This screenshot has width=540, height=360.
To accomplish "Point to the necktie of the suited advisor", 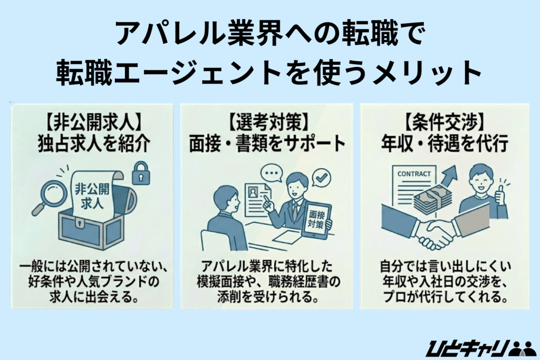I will (296, 208).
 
